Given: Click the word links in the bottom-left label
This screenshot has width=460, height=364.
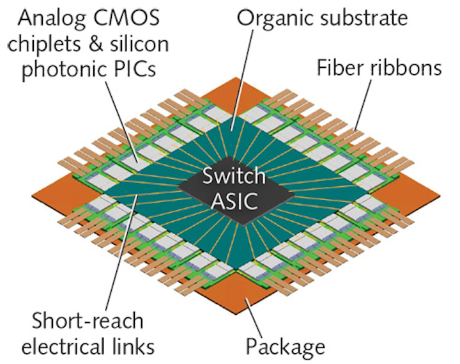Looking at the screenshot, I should [x=134, y=347].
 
